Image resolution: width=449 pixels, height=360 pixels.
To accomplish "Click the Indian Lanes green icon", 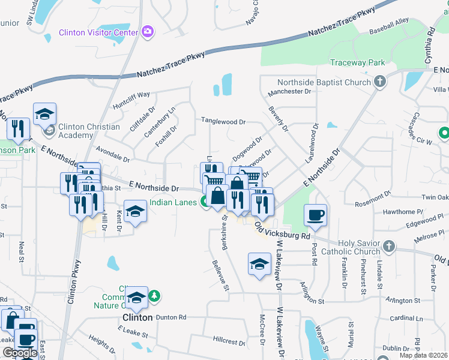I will pyautogui.click(x=205, y=203).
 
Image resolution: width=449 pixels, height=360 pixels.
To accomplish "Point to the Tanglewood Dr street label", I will pyautogui.click(x=223, y=121).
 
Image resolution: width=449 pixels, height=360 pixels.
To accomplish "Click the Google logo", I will pyautogui.click(x=20, y=353).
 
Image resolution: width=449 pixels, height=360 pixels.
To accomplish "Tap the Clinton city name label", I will pyautogui.click(x=137, y=317).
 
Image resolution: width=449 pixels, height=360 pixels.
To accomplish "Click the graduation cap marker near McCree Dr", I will pyautogui.click(x=259, y=265).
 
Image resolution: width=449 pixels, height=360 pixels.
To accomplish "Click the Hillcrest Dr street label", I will pyautogui.click(x=229, y=340).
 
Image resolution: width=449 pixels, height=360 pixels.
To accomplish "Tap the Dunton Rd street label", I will pyautogui.click(x=171, y=317).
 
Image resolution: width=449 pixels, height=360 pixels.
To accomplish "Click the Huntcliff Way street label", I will pyautogui.click(x=131, y=99).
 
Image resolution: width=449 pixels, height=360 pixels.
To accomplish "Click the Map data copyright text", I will pyautogui.click(x=423, y=355).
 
